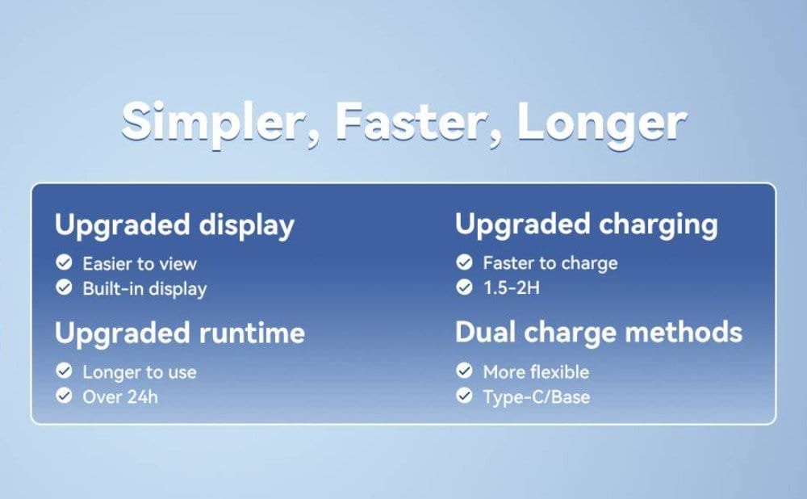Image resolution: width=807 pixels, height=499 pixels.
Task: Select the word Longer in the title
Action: pos(601,124)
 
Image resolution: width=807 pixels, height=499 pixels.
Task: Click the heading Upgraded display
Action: pos(174,225)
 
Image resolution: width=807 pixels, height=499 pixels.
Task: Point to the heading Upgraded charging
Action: pos(586,224)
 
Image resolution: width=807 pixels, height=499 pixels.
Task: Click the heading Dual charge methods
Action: pos(599,332)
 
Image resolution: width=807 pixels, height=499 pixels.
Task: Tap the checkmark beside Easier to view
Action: pos(64,262)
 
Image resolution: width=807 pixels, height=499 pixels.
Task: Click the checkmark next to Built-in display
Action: pos(64,287)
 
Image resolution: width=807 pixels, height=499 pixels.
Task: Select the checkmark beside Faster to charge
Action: pos(464,262)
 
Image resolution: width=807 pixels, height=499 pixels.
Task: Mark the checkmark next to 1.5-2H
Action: pos(464,287)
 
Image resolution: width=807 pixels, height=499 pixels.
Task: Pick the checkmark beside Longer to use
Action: pos(64,371)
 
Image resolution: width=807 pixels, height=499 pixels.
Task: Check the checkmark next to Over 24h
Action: pos(64,395)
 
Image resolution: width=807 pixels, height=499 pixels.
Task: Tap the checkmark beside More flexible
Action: pos(464,371)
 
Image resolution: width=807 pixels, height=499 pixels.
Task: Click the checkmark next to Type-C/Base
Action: pos(464,395)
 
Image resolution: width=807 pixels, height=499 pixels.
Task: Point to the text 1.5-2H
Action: pos(512,288)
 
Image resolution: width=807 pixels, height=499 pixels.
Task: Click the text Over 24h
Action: pos(120,397)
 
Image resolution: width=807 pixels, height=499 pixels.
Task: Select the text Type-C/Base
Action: pos(537,397)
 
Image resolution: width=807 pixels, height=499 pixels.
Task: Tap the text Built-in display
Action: pos(144,289)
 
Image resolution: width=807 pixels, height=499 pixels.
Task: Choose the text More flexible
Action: pos(536,371)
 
